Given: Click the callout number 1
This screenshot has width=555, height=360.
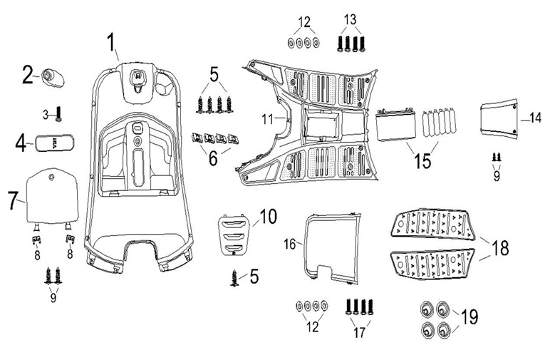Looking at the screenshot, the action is [x=112, y=43].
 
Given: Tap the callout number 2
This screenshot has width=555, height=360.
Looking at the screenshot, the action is [x=28, y=75].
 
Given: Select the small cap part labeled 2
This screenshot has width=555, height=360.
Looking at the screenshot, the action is [x=53, y=78].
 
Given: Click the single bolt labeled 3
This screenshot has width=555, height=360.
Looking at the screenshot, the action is [x=58, y=113].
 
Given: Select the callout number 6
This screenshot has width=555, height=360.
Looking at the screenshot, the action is [x=213, y=158].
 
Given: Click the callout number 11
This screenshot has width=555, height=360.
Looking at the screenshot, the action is [x=268, y=120].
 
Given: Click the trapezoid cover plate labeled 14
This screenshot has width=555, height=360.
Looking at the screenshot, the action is [x=499, y=118].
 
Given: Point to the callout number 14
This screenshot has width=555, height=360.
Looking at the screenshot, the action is [x=536, y=118].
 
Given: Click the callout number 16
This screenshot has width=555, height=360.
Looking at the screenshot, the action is [x=289, y=244].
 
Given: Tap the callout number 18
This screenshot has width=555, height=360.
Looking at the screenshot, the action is [x=499, y=247].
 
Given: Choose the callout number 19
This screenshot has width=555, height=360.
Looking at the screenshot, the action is [x=470, y=317].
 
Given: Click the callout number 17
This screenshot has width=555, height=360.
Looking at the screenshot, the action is [x=359, y=333].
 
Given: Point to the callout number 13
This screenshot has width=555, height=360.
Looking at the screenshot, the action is [x=350, y=19].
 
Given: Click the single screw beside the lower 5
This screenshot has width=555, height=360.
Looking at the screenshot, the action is [x=234, y=278].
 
